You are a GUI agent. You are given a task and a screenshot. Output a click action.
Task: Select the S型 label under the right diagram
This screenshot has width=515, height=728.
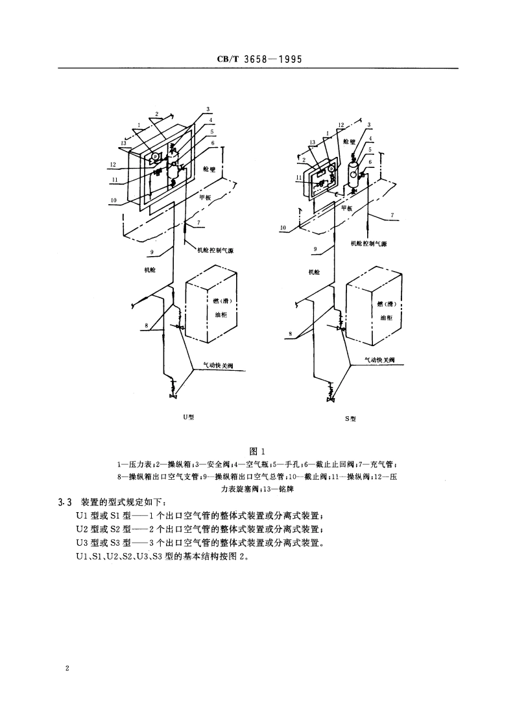[350, 419]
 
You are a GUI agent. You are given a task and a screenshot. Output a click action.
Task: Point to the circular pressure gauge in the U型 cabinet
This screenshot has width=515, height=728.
[156, 156]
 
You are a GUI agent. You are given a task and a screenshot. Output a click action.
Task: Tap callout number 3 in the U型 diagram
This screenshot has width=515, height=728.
[208, 109]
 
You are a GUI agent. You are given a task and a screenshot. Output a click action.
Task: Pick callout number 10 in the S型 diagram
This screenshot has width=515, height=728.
[283, 228]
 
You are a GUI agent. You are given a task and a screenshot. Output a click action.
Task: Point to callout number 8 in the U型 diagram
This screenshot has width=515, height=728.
[147, 325]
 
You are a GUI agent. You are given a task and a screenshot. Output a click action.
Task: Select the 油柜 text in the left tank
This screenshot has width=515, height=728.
[221, 314]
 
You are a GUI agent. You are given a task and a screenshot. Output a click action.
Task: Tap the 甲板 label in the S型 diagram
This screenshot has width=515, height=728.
[346, 208]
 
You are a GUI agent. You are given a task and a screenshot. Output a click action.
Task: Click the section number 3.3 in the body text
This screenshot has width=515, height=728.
[64, 502]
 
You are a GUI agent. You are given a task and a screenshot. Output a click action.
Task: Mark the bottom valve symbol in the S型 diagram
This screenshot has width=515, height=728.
[332, 395]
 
